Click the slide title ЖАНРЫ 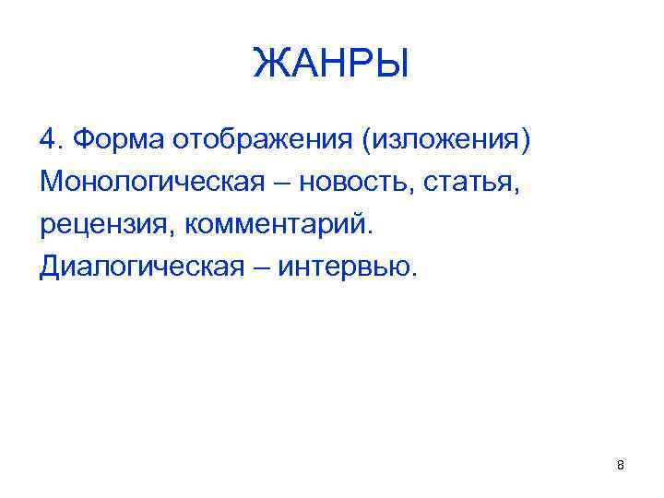pos(331,65)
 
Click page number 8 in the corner pos(620,466)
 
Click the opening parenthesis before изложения pos(367,141)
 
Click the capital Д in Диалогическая pos(52,267)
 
